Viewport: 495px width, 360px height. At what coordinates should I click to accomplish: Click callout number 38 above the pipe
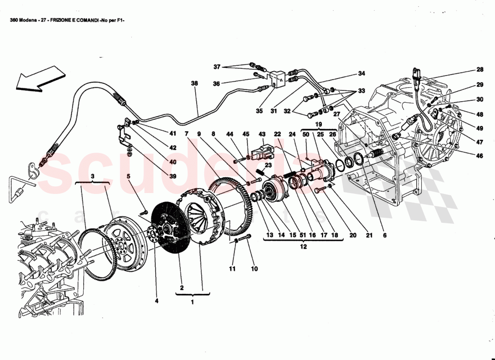coord(194,83)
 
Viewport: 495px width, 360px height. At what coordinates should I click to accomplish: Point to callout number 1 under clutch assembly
coord(192,302)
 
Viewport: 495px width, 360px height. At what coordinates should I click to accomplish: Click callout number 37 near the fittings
coord(217,67)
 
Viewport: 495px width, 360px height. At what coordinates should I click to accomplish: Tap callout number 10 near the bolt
coord(254,269)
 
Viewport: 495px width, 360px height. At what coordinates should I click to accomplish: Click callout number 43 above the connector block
coord(262,134)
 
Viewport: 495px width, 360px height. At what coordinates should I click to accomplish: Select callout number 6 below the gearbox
coord(384,234)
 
